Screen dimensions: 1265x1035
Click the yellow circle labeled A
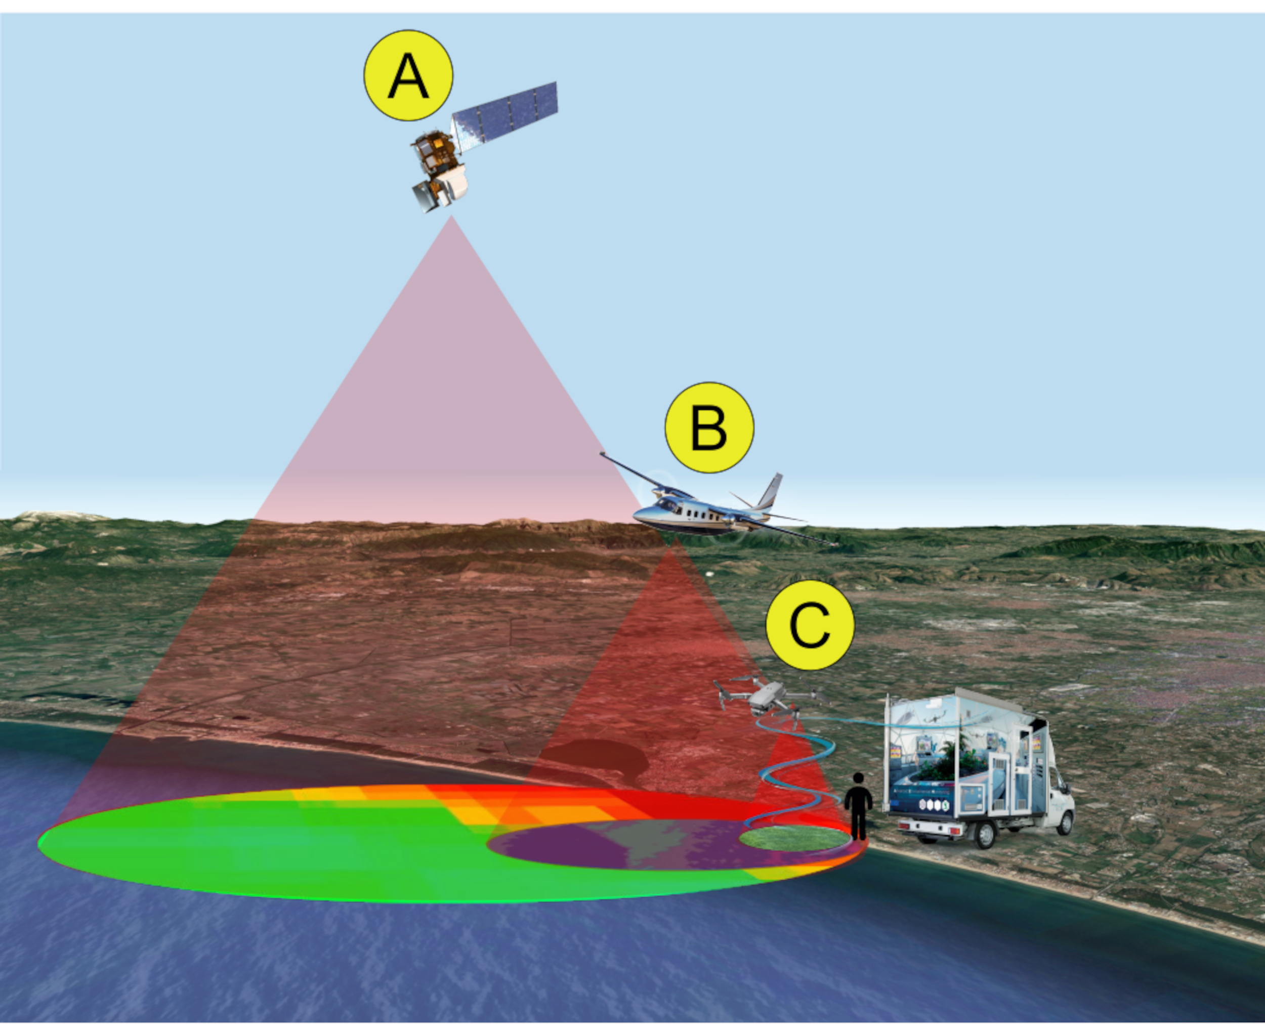point(408,76)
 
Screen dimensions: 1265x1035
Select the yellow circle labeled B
point(709,427)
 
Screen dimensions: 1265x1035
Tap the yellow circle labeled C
point(809,625)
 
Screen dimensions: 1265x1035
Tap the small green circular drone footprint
point(794,838)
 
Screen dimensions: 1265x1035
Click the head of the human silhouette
point(858,779)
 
